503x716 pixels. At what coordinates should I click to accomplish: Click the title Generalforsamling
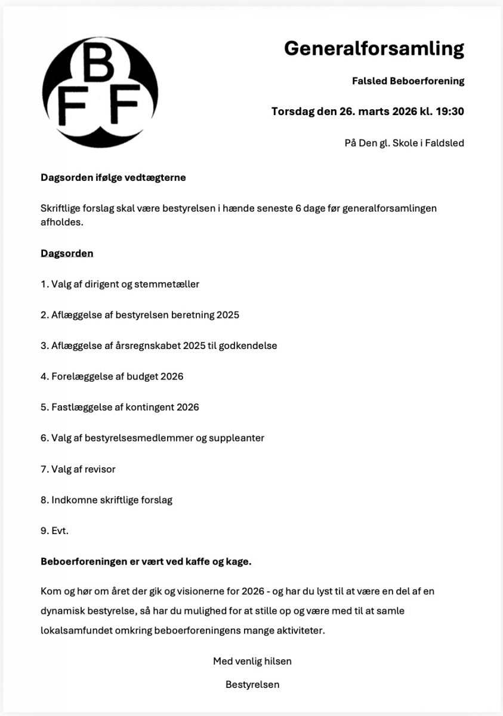coord(374,48)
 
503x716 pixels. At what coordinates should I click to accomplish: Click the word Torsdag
coord(292,112)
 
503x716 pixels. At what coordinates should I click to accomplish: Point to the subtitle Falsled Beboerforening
coord(408,81)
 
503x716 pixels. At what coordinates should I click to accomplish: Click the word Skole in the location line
coord(407,143)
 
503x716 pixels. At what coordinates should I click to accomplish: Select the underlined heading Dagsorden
coord(67,253)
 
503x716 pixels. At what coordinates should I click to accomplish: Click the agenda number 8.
coord(44,500)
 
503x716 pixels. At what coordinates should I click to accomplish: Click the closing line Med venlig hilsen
coord(252,661)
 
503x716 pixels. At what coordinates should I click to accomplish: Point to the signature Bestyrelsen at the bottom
coord(252,684)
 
